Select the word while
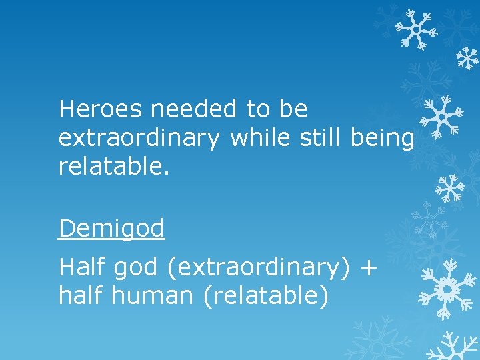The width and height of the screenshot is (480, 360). (260, 138)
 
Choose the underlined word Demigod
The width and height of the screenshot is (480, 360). (111, 229)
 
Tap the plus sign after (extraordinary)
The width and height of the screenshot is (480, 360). (367, 268)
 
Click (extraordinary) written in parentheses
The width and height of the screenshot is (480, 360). (259, 268)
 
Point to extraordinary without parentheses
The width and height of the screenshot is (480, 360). (138, 138)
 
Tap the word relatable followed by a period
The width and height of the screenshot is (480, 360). (114, 167)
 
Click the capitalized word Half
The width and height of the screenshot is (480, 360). (82, 267)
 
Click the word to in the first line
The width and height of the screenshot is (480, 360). (258, 109)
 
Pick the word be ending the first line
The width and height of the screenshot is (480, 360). (293, 109)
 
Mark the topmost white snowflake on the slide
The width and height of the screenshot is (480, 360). (415, 30)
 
